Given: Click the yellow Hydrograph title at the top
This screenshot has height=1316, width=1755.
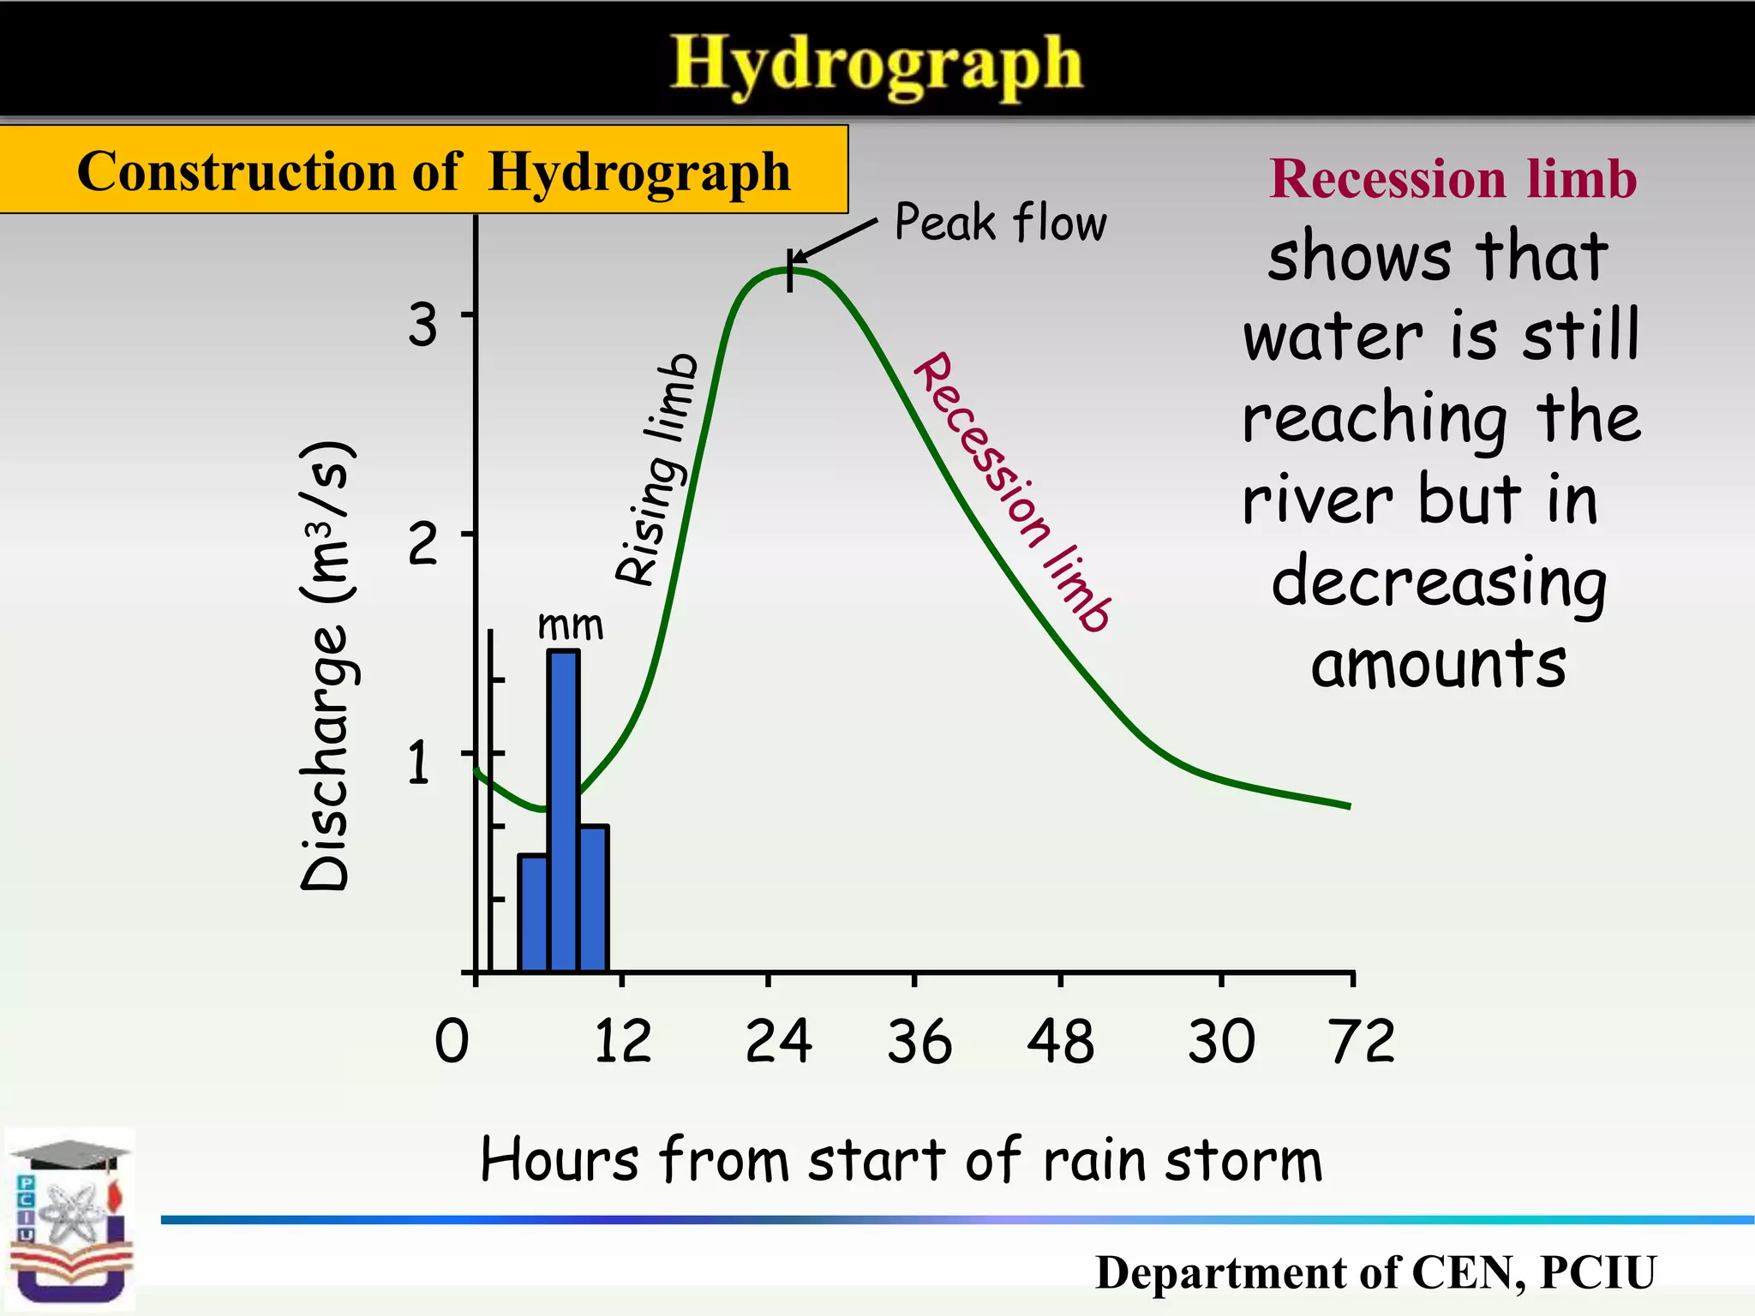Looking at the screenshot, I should [876, 64].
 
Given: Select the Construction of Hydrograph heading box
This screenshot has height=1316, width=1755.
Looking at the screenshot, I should [424, 170].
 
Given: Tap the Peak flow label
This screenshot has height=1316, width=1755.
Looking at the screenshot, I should [1000, 223].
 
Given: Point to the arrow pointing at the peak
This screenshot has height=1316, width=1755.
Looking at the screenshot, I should [833, 241].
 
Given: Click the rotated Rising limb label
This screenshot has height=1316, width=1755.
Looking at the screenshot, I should [657, 470].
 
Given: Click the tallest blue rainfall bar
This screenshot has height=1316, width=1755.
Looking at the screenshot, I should [563, 810].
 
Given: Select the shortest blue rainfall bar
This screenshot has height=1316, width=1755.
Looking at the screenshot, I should [533, 912].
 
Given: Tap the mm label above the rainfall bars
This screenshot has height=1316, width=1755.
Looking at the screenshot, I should [570, 625].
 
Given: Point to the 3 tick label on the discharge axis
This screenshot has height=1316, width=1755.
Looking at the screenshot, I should [422, 326].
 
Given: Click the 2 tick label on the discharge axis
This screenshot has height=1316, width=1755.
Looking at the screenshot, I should [422, 543].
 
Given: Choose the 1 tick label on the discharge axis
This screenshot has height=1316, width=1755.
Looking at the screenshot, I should [419, 763].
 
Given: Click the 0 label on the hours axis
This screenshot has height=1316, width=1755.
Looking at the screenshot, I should [452, 1042].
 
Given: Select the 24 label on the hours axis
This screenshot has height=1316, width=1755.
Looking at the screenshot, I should [778, 1042].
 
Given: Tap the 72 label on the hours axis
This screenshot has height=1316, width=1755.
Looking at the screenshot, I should [1362, 1042].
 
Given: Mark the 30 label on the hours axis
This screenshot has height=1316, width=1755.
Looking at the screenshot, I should [1221, 1042].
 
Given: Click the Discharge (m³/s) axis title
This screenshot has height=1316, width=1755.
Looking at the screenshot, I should [326, 667].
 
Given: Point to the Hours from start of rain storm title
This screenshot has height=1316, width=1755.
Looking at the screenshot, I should [901, 1161].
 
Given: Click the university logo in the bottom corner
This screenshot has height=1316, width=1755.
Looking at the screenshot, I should [70, 1220].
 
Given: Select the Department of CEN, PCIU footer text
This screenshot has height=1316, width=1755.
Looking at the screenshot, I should [1375, 1272].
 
